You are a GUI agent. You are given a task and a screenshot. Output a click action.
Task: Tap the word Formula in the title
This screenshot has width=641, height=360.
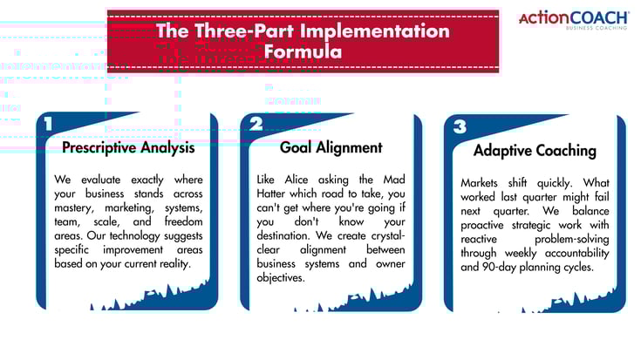coord(303,51)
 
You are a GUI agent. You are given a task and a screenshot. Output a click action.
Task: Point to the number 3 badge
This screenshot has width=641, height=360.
coord(460,127)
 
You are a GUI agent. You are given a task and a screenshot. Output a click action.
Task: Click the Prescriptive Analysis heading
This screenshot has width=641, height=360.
coord(128,147)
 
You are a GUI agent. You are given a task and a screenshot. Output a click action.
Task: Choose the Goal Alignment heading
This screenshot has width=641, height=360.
coord(331,147)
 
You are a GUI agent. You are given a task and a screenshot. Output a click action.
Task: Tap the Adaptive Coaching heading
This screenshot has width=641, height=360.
coord(535,150)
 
